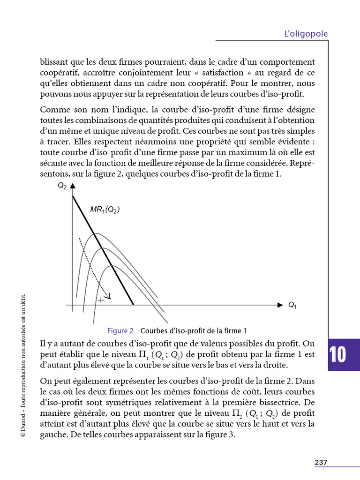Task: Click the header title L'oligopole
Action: click(x=306, y=34)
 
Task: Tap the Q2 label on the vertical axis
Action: click(x=62, y=186)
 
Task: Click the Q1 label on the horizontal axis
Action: click(x=292, y=306)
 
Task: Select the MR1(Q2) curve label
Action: click(x=105, y=210)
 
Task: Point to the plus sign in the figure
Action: click(x=100, y=300)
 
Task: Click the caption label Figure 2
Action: click(x=120, y=330)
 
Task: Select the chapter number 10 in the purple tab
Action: click(x=337, y=355)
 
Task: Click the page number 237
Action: click(x=321, y=462)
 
